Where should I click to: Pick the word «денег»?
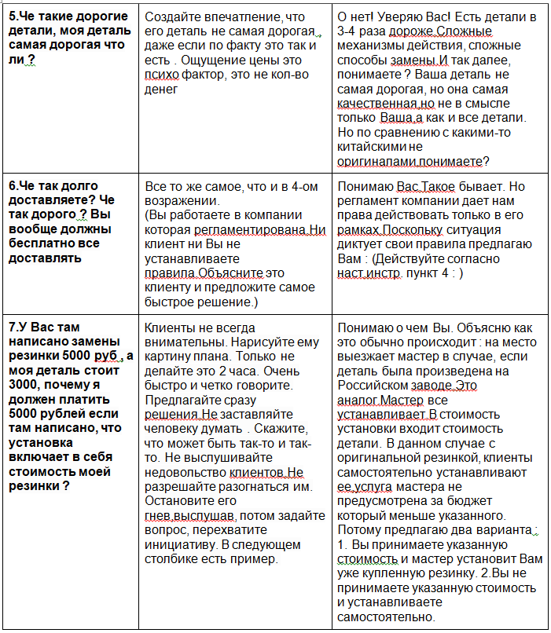click(x=162, y=90)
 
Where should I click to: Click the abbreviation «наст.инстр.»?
click(x=369, y=273)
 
